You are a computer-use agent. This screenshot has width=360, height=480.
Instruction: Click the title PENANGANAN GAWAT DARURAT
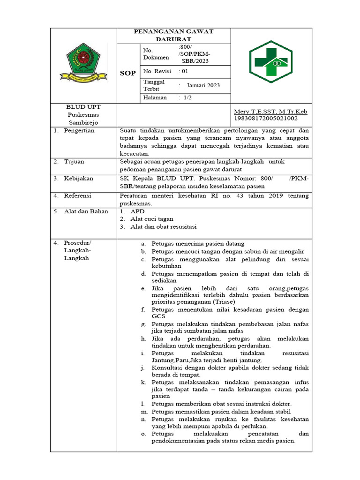[173, 35]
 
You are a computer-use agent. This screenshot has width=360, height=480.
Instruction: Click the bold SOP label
[128, 73]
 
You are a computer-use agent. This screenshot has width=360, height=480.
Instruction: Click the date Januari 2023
[203, 85]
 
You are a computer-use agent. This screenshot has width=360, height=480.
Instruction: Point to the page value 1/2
[187, 97]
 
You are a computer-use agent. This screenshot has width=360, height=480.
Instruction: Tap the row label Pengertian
[80, 130]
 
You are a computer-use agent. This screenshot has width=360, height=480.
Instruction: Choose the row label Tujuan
[75, 161]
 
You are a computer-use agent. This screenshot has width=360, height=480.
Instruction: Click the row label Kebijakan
[79, 179]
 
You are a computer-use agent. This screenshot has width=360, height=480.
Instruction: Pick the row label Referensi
[78, 195]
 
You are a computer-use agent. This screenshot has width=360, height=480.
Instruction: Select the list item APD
[138, 211]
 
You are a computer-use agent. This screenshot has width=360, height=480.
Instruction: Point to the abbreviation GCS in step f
[158, 316]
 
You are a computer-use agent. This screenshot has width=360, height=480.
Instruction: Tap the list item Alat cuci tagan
[152, 219]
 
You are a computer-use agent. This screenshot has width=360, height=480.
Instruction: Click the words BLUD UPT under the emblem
[83, 107]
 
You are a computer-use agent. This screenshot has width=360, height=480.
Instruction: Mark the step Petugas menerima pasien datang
[198, 244]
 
